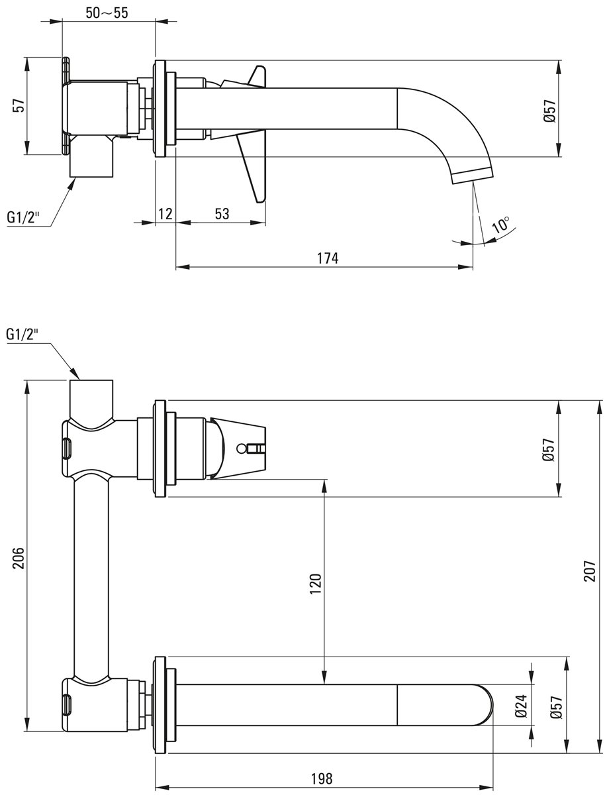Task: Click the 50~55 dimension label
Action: [107, 13]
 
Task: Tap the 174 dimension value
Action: [328, 258]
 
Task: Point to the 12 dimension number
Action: [165, 214]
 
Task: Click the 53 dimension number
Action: [222, 214]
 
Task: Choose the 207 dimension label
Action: [590, 571]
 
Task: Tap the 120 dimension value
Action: [315, 584]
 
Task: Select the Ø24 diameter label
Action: [521, 705]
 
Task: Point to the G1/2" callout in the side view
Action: [23, 217]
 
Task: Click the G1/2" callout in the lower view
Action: [22, 334]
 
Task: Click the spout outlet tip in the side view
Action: [473, 178]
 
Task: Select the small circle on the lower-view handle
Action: [241, 449]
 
